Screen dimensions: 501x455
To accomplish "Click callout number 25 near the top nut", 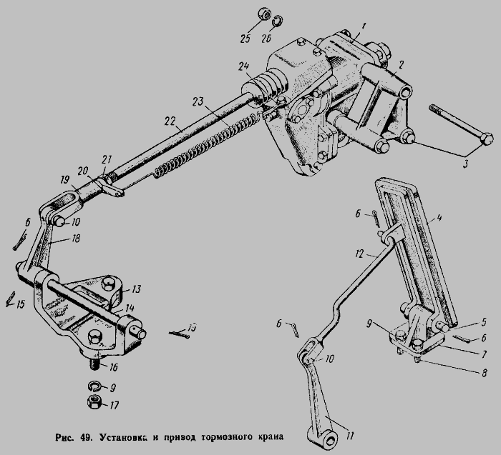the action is point(245,39).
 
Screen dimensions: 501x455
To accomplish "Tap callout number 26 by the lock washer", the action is point(266,38).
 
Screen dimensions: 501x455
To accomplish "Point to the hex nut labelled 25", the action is point(264,15).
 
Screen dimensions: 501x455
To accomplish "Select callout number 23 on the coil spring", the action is point(198,102).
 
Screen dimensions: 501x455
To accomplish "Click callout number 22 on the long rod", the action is point(170,121).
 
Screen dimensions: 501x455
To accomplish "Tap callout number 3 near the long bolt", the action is point(465,164).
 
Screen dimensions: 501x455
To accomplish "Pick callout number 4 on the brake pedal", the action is point(439,218).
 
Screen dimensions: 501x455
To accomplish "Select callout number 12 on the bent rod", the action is point(359,254).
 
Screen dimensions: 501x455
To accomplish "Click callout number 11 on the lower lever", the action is point(350,436).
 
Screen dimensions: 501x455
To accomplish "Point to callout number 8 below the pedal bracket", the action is point(484,373).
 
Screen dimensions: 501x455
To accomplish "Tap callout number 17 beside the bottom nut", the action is point(114,405).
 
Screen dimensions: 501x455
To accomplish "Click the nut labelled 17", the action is point(94,401).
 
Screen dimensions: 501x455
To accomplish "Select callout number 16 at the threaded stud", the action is point(113,367).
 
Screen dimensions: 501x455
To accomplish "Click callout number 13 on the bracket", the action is point(136,289).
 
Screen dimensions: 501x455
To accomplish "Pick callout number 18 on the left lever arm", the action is point(76,238).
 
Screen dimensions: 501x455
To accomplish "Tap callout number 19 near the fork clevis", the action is point(65,179).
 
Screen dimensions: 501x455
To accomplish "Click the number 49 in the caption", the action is point(87,437).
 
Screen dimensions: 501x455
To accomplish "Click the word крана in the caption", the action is point(271,436).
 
